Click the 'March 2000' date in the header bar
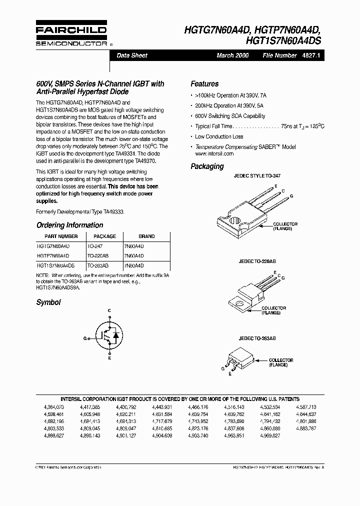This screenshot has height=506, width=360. pos(232,55)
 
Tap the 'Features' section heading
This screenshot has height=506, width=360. pos(204,84)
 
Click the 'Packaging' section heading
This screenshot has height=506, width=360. pos(207,166)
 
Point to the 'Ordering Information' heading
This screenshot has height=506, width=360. pos(69,225)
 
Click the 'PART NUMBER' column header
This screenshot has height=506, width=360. pos(61,236)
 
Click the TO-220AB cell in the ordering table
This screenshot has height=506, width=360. pos(97,255)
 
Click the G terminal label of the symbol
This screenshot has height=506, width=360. pos(85,338)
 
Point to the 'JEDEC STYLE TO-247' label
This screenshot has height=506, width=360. pos(257,176)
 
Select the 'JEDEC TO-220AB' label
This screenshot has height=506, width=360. pos(257,261)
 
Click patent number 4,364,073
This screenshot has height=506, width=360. pos(54,407)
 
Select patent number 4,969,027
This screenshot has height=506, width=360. pos(270,435)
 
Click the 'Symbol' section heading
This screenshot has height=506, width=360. pos(48,302)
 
